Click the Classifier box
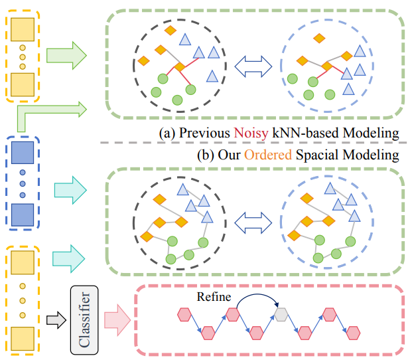click(84, 317)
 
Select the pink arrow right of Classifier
click(117, 318)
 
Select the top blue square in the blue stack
click(23, 154)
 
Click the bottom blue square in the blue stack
click(23, 215)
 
